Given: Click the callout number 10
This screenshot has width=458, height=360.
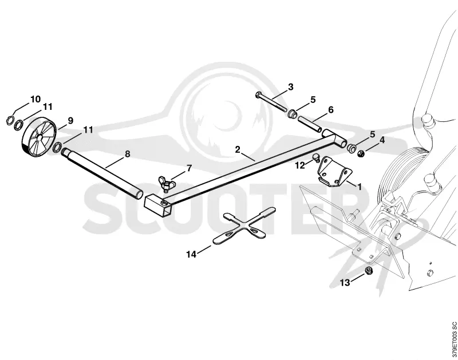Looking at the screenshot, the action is (x=35, y=99).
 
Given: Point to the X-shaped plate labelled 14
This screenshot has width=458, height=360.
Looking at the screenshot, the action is (x=244, y=226).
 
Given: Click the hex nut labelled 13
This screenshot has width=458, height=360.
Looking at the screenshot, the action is (x=369, y=271).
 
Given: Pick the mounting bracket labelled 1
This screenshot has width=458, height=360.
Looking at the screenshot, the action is (x=334, y=172).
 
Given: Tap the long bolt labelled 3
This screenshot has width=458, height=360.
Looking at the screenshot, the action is (x=272, y=102).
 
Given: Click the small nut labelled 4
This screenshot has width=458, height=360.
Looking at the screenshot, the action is (x=361, y=153).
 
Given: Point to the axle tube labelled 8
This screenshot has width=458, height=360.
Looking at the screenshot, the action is (x=102, y=174).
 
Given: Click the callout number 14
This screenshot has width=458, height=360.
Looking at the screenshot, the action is (x=191, y=254).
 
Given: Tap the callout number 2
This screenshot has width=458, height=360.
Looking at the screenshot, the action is (x=238, y=149).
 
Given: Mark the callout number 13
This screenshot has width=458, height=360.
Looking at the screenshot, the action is (x=345, y=283).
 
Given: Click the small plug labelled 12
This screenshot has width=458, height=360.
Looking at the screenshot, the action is (x=316, y=157).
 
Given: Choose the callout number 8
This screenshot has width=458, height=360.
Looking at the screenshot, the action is (x=127, y=154).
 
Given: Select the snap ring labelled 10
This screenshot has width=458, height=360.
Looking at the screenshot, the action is (x=10, y=120).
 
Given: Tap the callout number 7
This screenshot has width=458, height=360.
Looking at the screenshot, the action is (x=189, y=168).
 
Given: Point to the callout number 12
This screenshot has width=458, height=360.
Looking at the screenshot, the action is (x=300, y=165).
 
